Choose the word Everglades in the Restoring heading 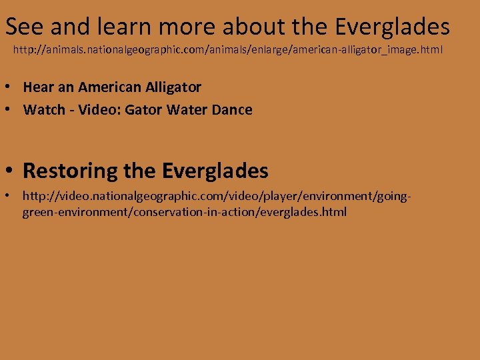[215, 171]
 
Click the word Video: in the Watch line [100, 110]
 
